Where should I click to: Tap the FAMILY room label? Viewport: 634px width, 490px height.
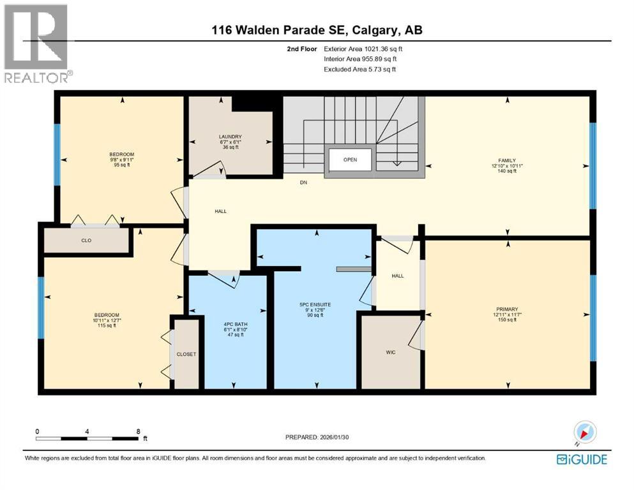click(x=508, y=161)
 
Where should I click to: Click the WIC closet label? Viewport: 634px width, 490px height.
click(x=391, y=352)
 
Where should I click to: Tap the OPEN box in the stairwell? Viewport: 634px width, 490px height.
click(x=350, y=160)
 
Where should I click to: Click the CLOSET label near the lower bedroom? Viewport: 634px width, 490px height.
click(x=186, y=354)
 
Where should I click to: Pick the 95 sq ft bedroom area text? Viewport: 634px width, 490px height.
click(x=121, y=165)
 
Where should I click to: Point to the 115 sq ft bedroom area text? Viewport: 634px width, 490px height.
click(x=106, y=326)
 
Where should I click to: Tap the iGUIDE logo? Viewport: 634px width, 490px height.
click(x=582, y=459)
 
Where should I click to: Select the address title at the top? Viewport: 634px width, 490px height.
click(x=317, y=30)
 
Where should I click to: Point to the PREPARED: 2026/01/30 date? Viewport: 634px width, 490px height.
click(x=317, y=437)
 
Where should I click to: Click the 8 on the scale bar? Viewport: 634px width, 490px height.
click(x=139, y=431)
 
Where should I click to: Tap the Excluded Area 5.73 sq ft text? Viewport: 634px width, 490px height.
click(x=359, y=69)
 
